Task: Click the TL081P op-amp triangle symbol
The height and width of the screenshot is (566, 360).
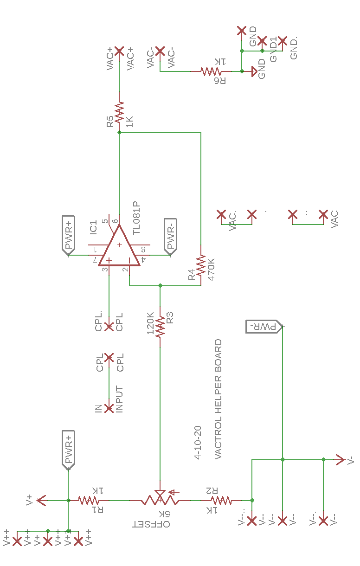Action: click(x=119, y=248)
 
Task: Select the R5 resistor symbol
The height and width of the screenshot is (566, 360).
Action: click(x=119, y=113)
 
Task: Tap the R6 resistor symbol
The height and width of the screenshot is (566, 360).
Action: click(x=211, y=71)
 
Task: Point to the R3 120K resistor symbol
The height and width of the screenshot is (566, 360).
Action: click(x=160, y=327)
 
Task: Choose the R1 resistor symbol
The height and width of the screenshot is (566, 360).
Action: click(x=89, y=500)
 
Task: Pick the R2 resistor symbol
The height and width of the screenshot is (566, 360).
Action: click(x=221, y=500)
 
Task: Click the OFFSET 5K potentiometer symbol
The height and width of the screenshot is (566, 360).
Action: click(x=160, y=500)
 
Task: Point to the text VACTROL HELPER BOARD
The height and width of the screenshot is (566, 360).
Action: click(x=219, y=399)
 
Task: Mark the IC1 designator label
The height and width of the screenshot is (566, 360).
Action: click(x=93, y=227)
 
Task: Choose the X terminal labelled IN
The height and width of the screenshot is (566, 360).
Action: click(x=109, y=408)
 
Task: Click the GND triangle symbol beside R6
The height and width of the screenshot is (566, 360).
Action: click(x=253, y=71)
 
